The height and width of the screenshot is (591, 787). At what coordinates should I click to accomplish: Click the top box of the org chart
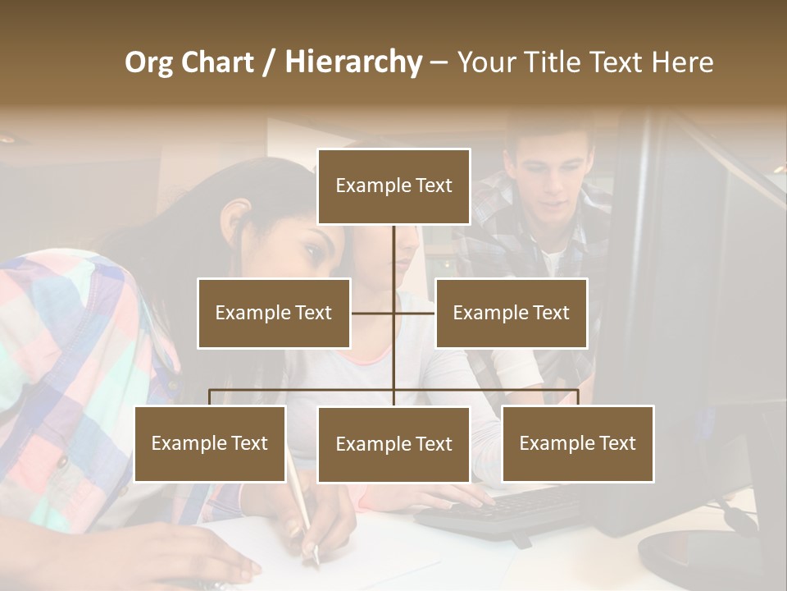393,186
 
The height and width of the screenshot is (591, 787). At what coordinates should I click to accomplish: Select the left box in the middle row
274,313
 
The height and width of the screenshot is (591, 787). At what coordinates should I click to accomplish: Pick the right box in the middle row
511,313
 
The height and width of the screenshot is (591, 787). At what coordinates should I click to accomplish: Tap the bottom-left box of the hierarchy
210,443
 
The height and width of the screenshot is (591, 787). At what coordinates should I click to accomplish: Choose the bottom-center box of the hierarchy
393,444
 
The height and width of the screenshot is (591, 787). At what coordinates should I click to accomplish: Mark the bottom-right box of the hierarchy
578,443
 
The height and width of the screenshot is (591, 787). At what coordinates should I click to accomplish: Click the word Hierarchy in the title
353,62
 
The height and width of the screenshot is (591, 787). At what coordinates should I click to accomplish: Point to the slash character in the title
269,62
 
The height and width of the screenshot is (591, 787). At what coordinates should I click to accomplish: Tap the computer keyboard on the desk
500,509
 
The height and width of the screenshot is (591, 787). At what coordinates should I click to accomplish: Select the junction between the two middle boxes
393,313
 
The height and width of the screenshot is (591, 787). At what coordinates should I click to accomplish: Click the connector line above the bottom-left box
210,397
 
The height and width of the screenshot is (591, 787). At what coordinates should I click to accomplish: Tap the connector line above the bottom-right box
578,397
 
